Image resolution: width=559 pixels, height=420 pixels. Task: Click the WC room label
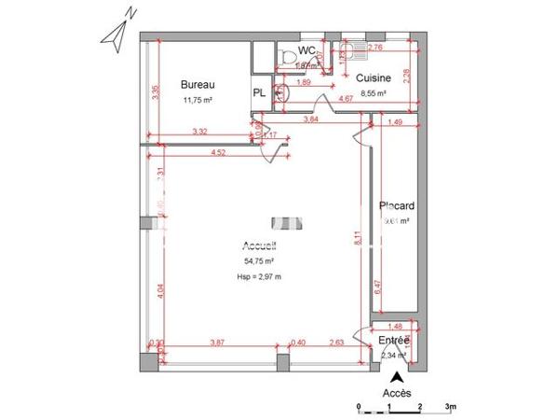point(307,51)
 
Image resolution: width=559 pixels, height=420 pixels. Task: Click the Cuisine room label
point(373,79)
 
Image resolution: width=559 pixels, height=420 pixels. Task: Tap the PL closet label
point(259,92)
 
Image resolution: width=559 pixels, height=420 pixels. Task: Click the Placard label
point(397,205)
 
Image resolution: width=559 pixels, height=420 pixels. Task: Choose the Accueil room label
point(260,246)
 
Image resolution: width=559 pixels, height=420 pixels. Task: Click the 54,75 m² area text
point(260,262)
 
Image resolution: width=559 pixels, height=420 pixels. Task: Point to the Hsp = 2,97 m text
point(260,277)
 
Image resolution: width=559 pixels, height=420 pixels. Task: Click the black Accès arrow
point(397,379)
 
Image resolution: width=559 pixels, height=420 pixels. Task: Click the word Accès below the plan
point(397,394)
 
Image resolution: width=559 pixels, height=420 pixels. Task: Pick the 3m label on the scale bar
point(449,407)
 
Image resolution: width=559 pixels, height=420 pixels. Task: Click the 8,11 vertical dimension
point(358,238)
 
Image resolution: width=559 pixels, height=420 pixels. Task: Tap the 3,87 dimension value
point(220,343)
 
